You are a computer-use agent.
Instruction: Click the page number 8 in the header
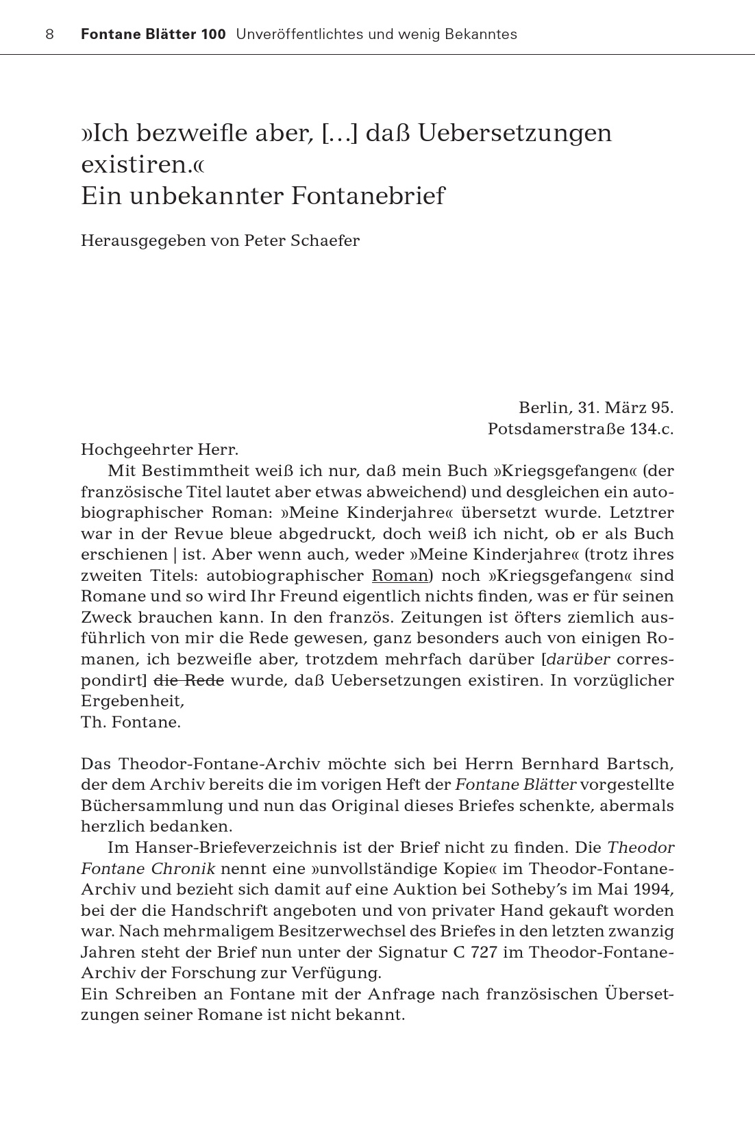(49, 34)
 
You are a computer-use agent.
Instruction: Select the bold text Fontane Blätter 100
(153, 34)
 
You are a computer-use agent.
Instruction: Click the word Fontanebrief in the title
(368, 197)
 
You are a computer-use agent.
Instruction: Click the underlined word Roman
(399, 575)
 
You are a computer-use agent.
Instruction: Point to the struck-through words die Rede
(184, 681)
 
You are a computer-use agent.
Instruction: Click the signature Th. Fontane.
(130, 723)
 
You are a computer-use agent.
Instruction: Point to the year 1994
(654, 890)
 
